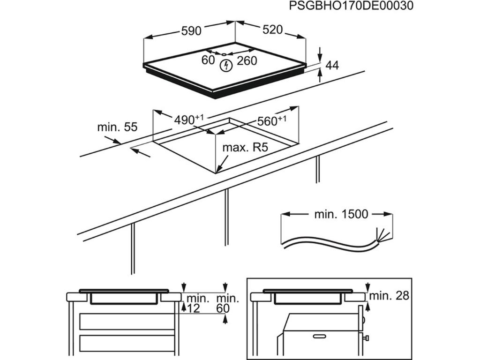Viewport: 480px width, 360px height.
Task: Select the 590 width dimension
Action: click(x=191, y=31)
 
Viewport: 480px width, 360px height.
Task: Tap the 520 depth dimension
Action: click(x=272, y=30)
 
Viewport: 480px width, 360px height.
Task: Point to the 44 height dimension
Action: click(x=331, y=65)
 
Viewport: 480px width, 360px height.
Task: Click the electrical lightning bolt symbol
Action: click(x=226, y=66)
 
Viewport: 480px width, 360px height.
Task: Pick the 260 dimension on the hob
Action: click(x=247, y=60)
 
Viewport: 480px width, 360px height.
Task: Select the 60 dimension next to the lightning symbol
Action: click(x=208, y=60)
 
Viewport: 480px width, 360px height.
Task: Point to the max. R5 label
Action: click(x=245, y=148)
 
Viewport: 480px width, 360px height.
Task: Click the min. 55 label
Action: click(x=117, y=127)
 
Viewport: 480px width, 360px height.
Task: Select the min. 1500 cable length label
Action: click(x=341, y=215)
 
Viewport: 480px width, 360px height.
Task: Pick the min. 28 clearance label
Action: click(x=389, y=296)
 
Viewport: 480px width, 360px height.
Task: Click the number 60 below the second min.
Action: click(x=224, y=308)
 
